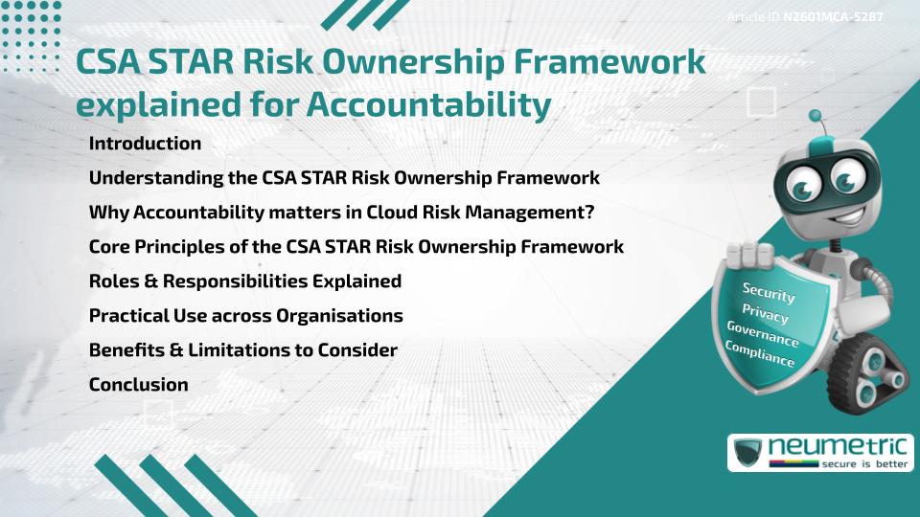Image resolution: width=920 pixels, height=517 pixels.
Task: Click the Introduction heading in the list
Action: click(x=145, y=144)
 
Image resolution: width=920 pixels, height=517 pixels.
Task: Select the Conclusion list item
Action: click(x=138, y=385)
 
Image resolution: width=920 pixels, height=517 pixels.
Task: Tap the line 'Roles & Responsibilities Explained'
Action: click(x=244, y=281)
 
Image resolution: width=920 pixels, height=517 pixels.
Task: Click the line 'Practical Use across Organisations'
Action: click(x=245, y=316)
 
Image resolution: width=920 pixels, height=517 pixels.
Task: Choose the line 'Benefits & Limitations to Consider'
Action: click(x=242, y=350)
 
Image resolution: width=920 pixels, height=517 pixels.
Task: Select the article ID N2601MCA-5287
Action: click(x=833, y=17)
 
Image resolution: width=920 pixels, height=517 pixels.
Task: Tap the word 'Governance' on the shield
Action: click(x=762, y=334)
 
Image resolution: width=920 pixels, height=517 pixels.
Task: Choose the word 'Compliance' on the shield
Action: click(x=759, y=354)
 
